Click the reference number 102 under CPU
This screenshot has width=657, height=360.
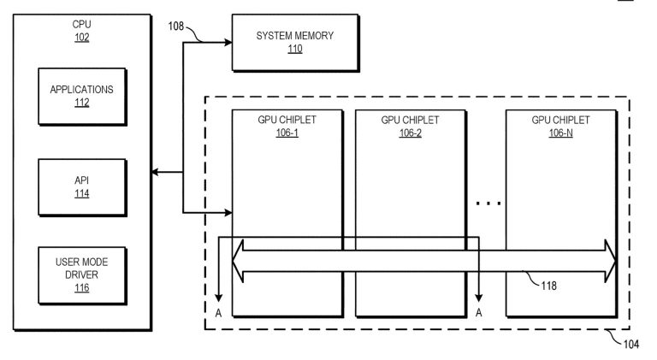pyautogui.click(x=82, y=38)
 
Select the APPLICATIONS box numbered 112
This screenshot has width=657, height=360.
pyautogui.click(x=82, y=97)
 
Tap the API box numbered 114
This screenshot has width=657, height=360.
pyautogui.click(x=82, y=187)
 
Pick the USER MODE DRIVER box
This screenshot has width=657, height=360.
pyautogui.click(x=82, y=275)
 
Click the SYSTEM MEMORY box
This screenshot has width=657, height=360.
pyautogui.click(x=295, y=43)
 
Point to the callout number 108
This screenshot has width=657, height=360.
pyautogui.click(x=176, y=27)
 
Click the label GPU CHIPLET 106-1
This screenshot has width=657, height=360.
pyautogui.click(x=287, y=126)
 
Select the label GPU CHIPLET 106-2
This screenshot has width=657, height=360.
pyautogui.click(x=411, y=126)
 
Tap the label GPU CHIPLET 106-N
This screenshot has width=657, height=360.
pyautogui.click(x=560, y=126)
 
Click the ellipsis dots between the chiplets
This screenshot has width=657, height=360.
pyautogui.click(x=488, y=204)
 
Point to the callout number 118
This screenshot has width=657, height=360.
pyautogui.click(x=549, y=286)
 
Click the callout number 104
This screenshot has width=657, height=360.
pyautogui.click(x=631, y=345)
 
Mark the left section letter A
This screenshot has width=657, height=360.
pyautogui.click(x=218, y=313)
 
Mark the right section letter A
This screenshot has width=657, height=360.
pyautogui.click(x=479, y=313)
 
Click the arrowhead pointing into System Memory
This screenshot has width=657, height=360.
pyautogui.click(x=228, y=42)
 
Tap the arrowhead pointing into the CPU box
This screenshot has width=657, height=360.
pyautogui.click(x=155, y=172)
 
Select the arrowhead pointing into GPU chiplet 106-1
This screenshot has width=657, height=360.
pyautogui.click(x=228, y=213)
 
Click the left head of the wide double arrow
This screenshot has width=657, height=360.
pyautogui.click(x=238, y=261)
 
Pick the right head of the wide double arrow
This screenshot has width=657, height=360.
pyautogui.click(x=611, y=261)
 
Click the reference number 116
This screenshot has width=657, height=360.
pyautogui.click(x=82, y=288)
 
